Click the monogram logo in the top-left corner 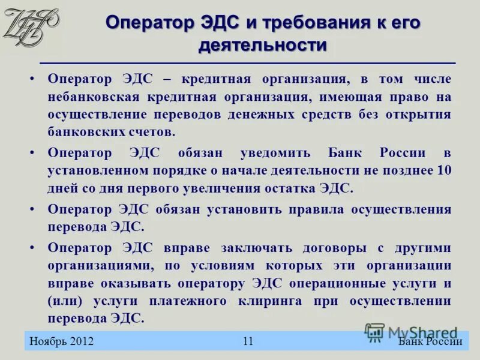30,26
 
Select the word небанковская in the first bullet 93,97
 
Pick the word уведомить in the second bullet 277,152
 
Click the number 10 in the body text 444,170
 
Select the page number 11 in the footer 248,341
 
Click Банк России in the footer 430,341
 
